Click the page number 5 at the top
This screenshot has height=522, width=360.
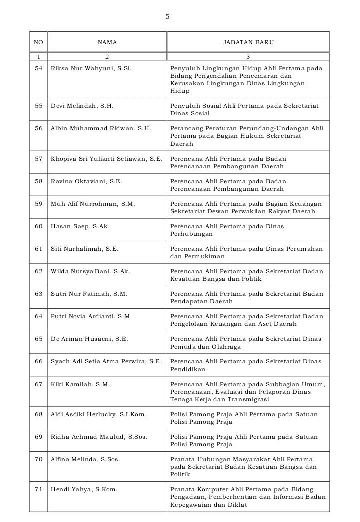click(167, 17)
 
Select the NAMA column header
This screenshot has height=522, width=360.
click(107, 43)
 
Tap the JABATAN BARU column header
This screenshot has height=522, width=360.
click(248, 43)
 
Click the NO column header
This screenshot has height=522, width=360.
click(38, 43)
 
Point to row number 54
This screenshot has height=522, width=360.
click(39, 68)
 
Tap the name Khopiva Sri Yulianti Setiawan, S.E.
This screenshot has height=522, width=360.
click(107, 159)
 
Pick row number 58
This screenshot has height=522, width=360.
click(39, 181)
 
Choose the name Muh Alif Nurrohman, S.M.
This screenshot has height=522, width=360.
click(93, 204)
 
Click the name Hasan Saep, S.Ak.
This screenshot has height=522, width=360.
click(80, 226)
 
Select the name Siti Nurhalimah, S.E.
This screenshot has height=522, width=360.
click(85, 249)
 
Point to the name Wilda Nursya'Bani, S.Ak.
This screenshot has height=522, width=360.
click(91, 271)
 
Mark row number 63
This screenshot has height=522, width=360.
click(39, 294)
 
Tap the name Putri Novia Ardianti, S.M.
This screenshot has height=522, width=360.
click(91, 316)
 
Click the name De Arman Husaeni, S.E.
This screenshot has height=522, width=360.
click(89, 339)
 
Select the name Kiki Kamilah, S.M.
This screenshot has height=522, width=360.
click(80, 384)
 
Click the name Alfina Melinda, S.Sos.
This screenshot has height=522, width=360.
click(85, 459)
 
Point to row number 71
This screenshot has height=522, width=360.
click(39, 489)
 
